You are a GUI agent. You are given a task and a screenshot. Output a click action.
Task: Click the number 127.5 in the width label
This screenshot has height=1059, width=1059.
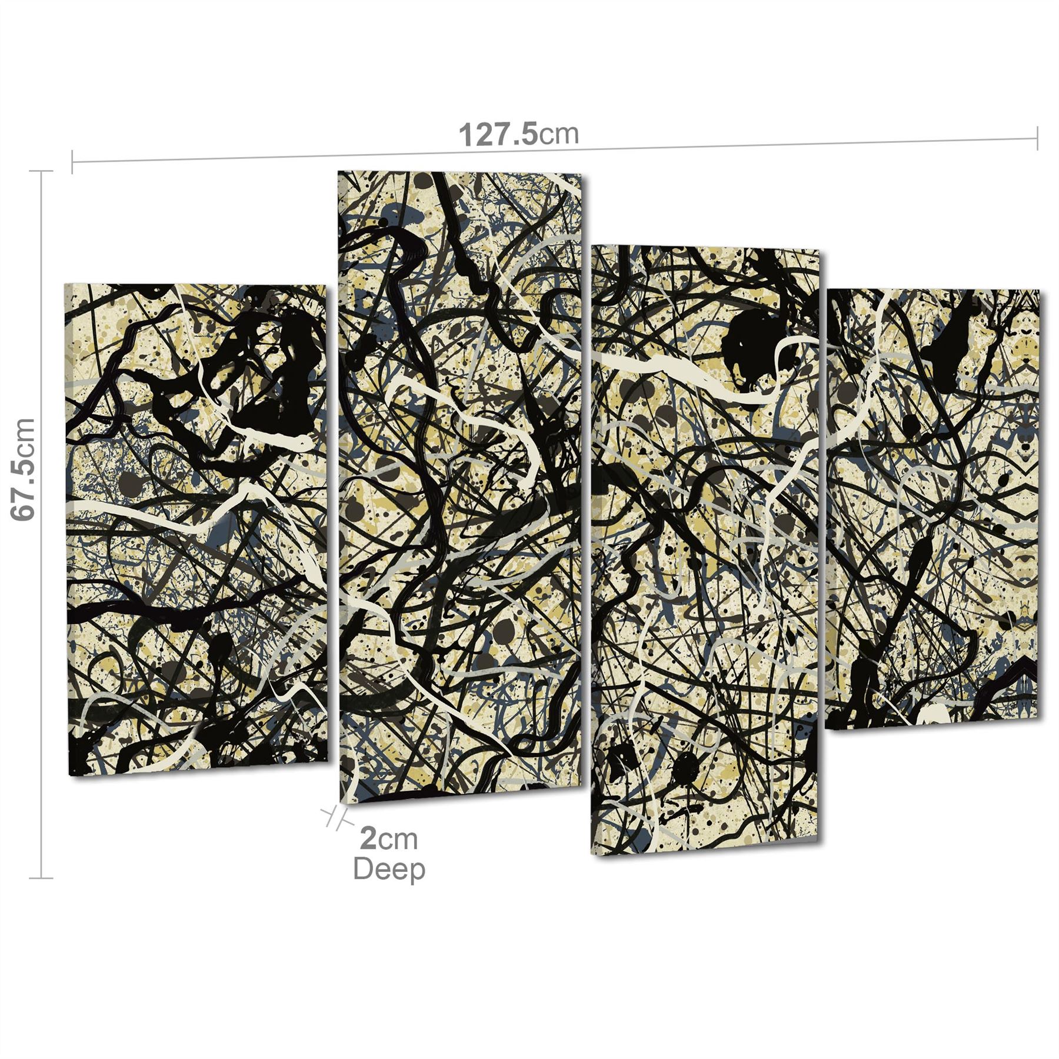point(498,135)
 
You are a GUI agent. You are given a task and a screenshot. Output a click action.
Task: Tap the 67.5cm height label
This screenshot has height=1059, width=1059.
point(24,469)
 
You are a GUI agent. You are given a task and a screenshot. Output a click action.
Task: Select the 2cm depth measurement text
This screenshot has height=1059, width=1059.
point(389,838)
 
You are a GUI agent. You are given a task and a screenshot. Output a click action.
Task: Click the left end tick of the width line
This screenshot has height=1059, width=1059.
point(72,162)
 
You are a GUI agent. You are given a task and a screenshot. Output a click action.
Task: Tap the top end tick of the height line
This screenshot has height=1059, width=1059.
point(41,171)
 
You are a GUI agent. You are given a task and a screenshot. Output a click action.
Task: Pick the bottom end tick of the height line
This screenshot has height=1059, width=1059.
point(41,878)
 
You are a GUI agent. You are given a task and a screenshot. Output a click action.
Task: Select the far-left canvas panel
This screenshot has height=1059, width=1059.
point(196,529)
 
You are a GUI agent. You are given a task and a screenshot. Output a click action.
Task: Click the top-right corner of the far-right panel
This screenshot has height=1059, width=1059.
point(1038,291)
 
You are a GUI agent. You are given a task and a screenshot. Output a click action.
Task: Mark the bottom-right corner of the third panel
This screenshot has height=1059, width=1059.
point(817,838)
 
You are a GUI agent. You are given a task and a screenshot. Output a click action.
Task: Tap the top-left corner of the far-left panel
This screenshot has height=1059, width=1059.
point(65,285)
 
